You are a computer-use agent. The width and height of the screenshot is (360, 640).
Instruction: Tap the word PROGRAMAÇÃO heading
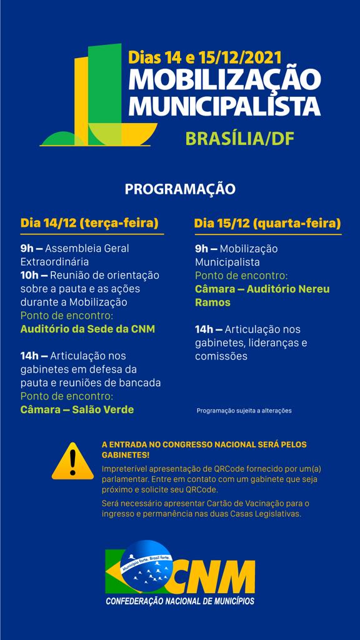pyautogui.click(x=179, y=189)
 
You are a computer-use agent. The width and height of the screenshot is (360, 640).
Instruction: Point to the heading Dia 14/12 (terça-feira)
pyautogui.click(x=89, y=223)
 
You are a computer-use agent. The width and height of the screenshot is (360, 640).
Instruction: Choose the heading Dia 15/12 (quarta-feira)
pyautogui.click(x=267, y=223)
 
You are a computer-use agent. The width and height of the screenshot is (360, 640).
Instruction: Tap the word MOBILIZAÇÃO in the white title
pyautogui.click(x=224, y=81)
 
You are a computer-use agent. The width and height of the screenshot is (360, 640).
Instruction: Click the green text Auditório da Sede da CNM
pyautogui.click(x=87, y=329)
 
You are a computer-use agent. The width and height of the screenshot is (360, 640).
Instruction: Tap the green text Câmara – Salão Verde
pyautogui.click(x=77, y=409)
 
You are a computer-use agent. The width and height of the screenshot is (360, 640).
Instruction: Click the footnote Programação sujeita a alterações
pyautogui.click(x=244, y=411)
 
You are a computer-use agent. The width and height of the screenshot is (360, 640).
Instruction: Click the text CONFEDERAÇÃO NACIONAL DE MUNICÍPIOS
pyautogui.click(x=180, y=601)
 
